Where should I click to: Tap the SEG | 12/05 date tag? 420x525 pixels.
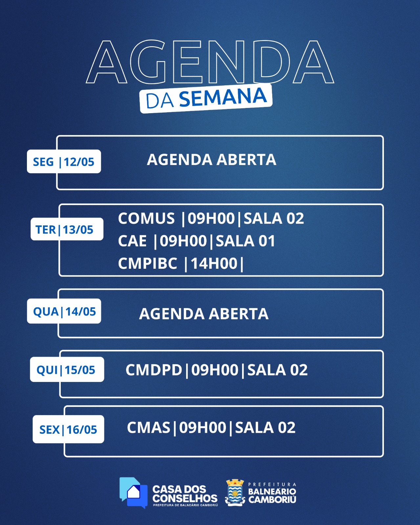pos(64,161)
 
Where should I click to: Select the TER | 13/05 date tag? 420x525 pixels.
pos(67,229)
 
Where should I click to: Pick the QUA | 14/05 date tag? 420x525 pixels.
pos(64,311)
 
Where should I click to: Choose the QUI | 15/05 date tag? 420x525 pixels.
pos(67,369)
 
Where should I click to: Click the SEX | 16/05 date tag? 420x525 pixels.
pos(68,429)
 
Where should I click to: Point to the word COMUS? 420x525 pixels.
pos(146,218)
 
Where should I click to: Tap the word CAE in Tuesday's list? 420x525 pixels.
pos(132,241)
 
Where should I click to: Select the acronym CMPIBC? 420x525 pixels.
pos(147,263)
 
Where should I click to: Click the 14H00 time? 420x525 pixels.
pos(214,263)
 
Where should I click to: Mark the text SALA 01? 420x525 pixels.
pos(245,241)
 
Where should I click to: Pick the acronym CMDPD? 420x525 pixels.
pos(154,370)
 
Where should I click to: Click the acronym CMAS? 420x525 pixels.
pos(148,428)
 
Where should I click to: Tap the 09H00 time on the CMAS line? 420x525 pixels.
pos(203,428)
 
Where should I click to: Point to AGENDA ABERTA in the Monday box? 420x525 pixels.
pos(211,160)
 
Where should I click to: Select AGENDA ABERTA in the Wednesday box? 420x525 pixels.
pos(204,314)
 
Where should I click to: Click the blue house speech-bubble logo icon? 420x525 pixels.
pos(133,493)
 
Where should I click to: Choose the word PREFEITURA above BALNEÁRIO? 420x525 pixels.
pos(272,485)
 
